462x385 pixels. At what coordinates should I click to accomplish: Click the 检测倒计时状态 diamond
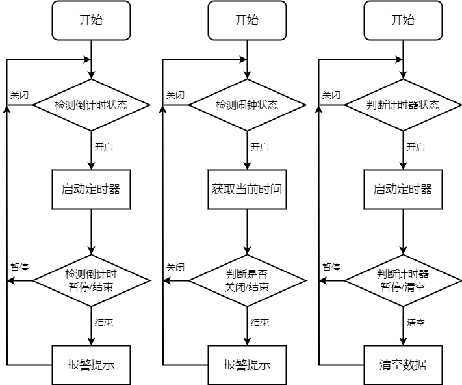91,105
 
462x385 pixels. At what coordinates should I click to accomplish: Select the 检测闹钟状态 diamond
247,105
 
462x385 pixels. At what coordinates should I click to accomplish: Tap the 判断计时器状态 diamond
403,105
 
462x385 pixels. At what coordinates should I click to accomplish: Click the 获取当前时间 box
247,190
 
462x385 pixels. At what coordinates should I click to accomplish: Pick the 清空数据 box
403,364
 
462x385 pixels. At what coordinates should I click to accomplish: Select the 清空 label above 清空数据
416,323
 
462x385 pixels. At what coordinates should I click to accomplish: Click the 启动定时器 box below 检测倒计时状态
91,190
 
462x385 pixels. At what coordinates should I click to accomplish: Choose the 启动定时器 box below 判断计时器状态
403,190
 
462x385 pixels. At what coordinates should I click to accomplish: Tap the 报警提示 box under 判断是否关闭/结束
247,364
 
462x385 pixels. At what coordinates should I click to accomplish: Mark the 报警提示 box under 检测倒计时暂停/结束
91,364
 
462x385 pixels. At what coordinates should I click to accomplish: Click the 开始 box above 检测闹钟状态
247,20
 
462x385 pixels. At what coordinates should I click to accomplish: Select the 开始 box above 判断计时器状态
403,20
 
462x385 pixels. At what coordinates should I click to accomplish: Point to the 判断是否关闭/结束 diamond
247,280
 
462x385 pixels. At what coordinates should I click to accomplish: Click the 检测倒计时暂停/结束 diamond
91,280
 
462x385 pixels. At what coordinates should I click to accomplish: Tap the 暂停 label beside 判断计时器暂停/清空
331,267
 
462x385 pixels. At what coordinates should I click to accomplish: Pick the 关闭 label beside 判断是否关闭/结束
175,267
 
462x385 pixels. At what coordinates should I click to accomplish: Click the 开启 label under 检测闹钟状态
260,147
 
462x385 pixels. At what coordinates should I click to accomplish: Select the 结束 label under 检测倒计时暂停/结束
104,323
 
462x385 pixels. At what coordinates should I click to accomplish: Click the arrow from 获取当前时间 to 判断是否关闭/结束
247,232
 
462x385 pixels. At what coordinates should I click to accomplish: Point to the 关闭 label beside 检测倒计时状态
19,95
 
